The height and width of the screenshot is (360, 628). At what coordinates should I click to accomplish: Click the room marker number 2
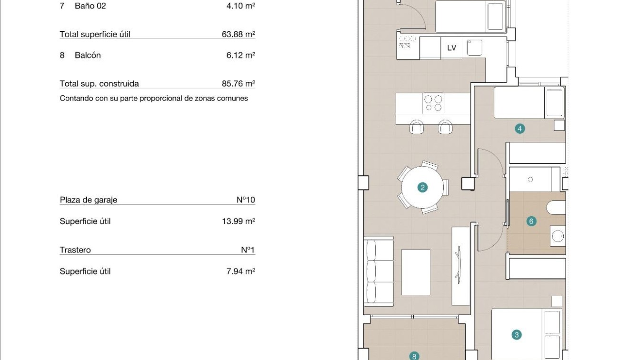tap(422, 188)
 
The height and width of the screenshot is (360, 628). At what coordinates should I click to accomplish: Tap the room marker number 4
tap(519, 129)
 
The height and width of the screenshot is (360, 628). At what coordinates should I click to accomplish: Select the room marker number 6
tap(531, 221)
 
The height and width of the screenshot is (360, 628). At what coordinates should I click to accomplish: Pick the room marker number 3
tap(517, 335)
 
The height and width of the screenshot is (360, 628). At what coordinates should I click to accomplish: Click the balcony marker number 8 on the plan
tap(414, 356)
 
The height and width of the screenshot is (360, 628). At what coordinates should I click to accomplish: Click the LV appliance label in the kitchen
tap(451, 48)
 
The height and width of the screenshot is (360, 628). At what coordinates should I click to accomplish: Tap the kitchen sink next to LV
tap(474, 47)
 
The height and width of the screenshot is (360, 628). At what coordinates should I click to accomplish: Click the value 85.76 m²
tap(239, 84)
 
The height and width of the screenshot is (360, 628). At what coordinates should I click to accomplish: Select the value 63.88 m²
tap(239, 34)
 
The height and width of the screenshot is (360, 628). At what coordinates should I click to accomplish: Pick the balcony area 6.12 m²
tap(240, 55)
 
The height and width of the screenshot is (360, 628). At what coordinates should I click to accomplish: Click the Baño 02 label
tap(90, 6)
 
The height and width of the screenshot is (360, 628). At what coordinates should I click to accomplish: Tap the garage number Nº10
tap(246, 200)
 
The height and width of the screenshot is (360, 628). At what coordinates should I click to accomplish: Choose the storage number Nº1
tap(248, 250)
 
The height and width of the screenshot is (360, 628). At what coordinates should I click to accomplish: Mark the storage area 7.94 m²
tap(240, 271)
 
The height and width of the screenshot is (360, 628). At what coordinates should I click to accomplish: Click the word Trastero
tap(75, 250)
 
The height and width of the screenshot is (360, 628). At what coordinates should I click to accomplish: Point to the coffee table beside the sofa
tap(416, 272)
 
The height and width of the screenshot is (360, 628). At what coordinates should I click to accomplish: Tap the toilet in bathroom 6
tap(556, 208)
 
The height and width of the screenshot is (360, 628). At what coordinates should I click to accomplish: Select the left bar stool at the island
tap(417, 127)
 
